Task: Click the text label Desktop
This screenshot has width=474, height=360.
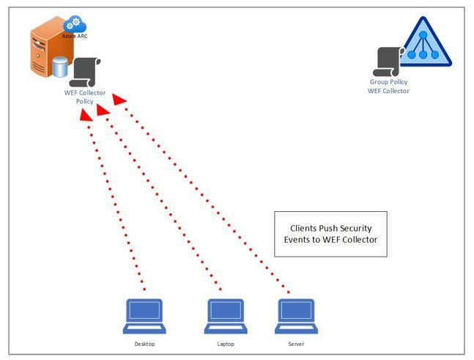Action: click(144, 344)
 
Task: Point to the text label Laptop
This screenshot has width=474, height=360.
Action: click(226, 344)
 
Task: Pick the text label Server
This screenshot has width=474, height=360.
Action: click(296, 344)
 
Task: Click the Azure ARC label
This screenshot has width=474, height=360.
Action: click(75, 35)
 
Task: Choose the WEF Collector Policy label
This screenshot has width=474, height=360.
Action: click(85, 97)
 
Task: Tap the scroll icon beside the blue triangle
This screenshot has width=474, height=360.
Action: click(388, 62)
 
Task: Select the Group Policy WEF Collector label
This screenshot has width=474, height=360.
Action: click(388, 87)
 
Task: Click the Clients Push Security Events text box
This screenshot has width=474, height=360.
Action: click(330, 234)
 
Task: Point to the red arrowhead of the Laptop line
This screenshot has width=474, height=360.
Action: click(103, 109)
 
